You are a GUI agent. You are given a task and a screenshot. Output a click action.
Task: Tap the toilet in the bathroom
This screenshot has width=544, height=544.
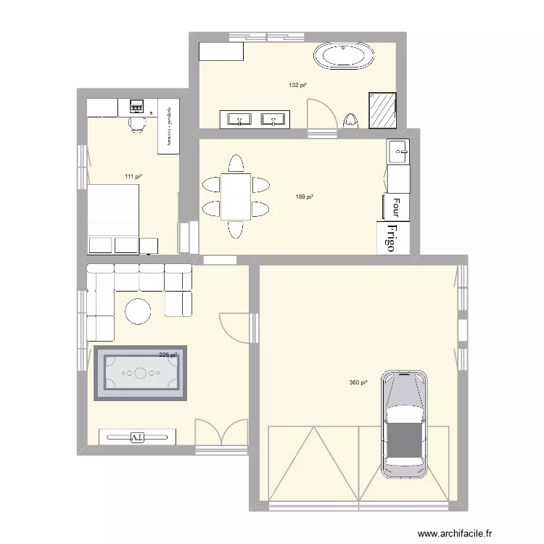click(351, 120)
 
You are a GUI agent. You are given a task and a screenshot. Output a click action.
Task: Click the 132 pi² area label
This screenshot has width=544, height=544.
click(297, 86)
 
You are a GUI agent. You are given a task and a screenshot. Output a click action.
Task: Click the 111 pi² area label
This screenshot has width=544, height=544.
click(133, 176)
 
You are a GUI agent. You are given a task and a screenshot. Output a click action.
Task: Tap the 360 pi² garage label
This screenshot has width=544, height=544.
click(358, 382)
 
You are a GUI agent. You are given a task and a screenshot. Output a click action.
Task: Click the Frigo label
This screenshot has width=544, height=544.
click(390, 237)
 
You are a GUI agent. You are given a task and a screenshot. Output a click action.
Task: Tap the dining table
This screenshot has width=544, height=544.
click(236, 196)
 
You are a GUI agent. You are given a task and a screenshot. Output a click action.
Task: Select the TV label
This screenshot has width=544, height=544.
click(137, 437)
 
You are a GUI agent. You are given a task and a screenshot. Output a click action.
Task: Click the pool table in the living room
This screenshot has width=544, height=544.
click(141, 373)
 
